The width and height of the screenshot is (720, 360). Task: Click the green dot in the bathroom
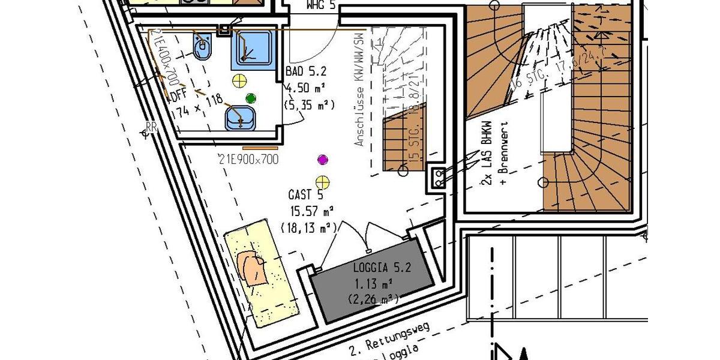point(251,98)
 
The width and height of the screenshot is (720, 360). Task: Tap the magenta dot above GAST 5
point(323,160)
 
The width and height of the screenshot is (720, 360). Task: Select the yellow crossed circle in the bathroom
point(239,80)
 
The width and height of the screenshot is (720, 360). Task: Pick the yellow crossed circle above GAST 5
point(323,181)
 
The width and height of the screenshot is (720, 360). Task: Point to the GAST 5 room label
point(306,195)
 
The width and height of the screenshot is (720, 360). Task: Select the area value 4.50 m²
point(306,89)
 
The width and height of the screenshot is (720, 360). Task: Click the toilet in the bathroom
point(201,44)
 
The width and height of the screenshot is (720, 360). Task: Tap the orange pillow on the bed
point(253,268)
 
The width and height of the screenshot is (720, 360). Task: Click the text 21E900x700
point(249,159)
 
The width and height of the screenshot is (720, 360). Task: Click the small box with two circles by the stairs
point(439,178)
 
